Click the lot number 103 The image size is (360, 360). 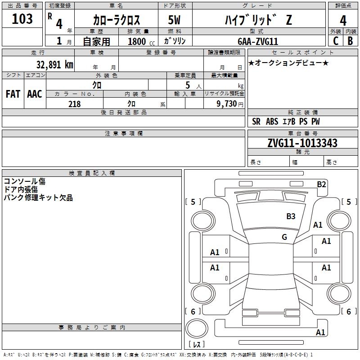click(22, 19)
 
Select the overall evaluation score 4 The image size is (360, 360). click(343, 21)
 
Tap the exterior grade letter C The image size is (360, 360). click(336, 41)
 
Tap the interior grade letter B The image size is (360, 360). click(350, 41)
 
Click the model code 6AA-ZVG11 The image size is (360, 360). click(258, 41)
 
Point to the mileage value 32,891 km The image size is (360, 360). click(55, 64)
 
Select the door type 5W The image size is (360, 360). click(174, 20)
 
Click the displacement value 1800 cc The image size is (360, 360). click(141, 41)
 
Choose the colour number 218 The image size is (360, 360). click(74, 104)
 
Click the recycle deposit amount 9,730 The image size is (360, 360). click(227, 103)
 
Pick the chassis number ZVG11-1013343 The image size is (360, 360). click(302, 143)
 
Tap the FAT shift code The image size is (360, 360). click(13, 94)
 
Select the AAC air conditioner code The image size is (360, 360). click(35, 94)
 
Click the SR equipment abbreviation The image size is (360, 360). click(256, 121)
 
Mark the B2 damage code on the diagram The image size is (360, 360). click(321, 184)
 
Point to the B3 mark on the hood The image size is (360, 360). click(291, 216)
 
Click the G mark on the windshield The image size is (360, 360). click(284, 237)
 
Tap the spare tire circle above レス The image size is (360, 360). click(197, 328)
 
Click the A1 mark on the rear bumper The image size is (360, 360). click(320, 332)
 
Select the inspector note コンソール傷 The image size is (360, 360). click(25, 181)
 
